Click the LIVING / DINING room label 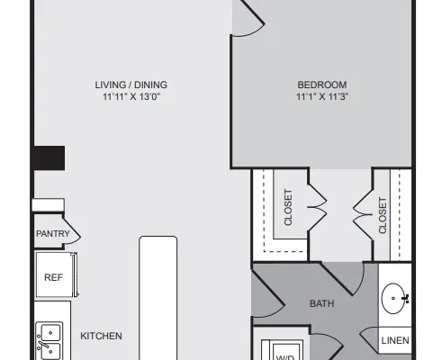131,85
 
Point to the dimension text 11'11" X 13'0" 131,96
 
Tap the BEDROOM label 322,85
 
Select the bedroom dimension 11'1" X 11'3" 322,96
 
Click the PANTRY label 53,233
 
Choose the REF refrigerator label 53,277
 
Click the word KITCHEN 101,336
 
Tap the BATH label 322,303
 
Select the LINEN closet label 395,340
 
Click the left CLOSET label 288,207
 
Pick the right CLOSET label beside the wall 383,215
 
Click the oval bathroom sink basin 392,299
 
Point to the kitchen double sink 50,341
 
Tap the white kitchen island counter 158,298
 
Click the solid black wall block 49,158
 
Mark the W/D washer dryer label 285,357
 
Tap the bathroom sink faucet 405,299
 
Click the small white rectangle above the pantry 49,204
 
